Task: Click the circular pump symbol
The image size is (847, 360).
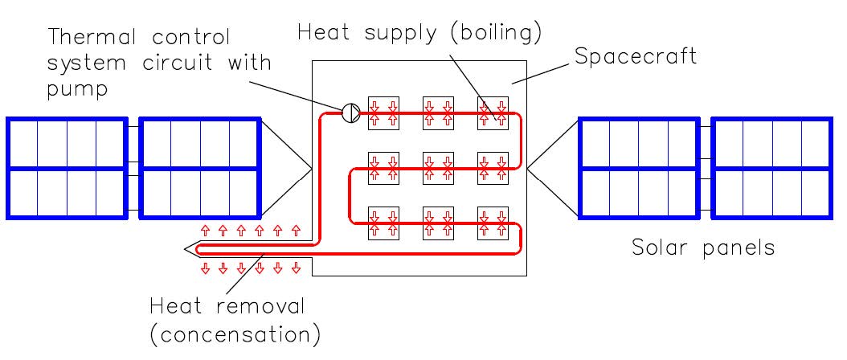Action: [x=351, y=113]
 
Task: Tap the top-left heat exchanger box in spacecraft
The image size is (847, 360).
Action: [x=383, y=113]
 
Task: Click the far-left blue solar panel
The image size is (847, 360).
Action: [x=67, y=168]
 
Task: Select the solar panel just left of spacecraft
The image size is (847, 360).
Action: [x=200, y=168]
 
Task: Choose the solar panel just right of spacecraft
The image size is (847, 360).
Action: [x=638, y=168]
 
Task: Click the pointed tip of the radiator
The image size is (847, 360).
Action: [x=186, y=249]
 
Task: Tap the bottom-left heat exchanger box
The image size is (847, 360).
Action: [x=383, y=224]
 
